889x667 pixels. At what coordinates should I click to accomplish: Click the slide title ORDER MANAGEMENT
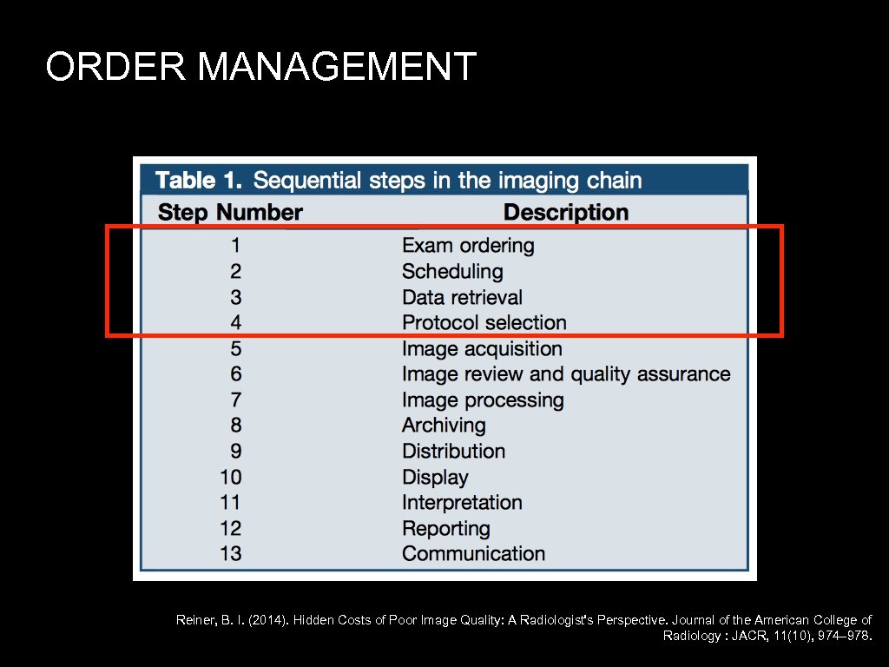click(x=261, y=67)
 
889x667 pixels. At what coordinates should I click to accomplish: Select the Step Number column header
click(x=230, y=213)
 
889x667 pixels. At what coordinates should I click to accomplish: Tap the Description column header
click(x=565, y=213)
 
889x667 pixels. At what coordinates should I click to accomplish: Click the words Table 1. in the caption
click(x=198, y=181)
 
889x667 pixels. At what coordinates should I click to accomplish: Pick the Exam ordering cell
click(x=468, y=246)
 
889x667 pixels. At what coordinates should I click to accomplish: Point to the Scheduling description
click(x=452, y=272)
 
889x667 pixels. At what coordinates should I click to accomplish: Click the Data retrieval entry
click(x=462, y=298)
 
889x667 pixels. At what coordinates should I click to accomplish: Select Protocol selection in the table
click(x=484, y=323)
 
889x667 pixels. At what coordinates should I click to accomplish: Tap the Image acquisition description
click(x=482, y=349)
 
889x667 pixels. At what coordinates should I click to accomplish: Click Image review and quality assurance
click(x=566, y=374)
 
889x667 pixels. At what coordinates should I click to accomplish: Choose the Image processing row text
click(x=483, y=400)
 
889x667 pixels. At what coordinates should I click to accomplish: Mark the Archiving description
click(x=444, y=426)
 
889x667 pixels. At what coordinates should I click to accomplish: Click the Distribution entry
click(x=453, y=452)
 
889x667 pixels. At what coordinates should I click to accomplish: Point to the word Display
click(x=435, y=478)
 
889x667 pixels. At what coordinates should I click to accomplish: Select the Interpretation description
click(x=462, y=503)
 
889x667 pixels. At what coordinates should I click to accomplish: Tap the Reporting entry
click(x=446, y=529)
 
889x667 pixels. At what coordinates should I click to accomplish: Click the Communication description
click(x=473, y=554)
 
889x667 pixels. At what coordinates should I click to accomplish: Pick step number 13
click(x=231, y=554)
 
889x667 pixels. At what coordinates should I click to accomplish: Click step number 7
click(x=236, y=400)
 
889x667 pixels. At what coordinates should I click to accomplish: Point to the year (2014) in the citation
click(x=266, y=620)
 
